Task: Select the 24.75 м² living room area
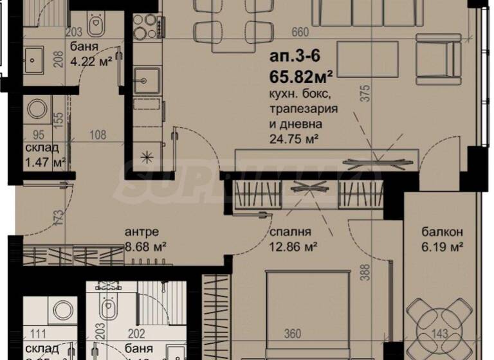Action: (x=295, y=136)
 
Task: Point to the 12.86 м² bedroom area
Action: (x=288, y=246)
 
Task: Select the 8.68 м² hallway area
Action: (x=145, y=246)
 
